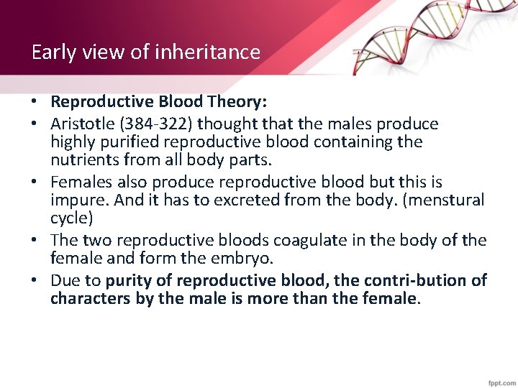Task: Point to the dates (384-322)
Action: point(154,124)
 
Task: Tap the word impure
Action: point(76,200)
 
